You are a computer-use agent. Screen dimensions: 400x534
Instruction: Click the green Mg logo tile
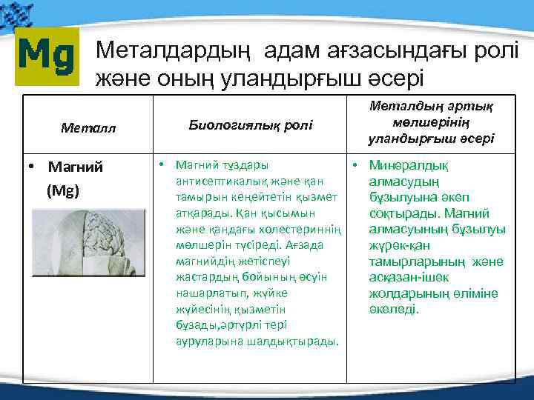tap(46, 54)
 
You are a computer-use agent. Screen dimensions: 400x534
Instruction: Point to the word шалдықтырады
tap(302, 341)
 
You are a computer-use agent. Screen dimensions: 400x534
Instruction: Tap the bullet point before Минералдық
tap(357, 164)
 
